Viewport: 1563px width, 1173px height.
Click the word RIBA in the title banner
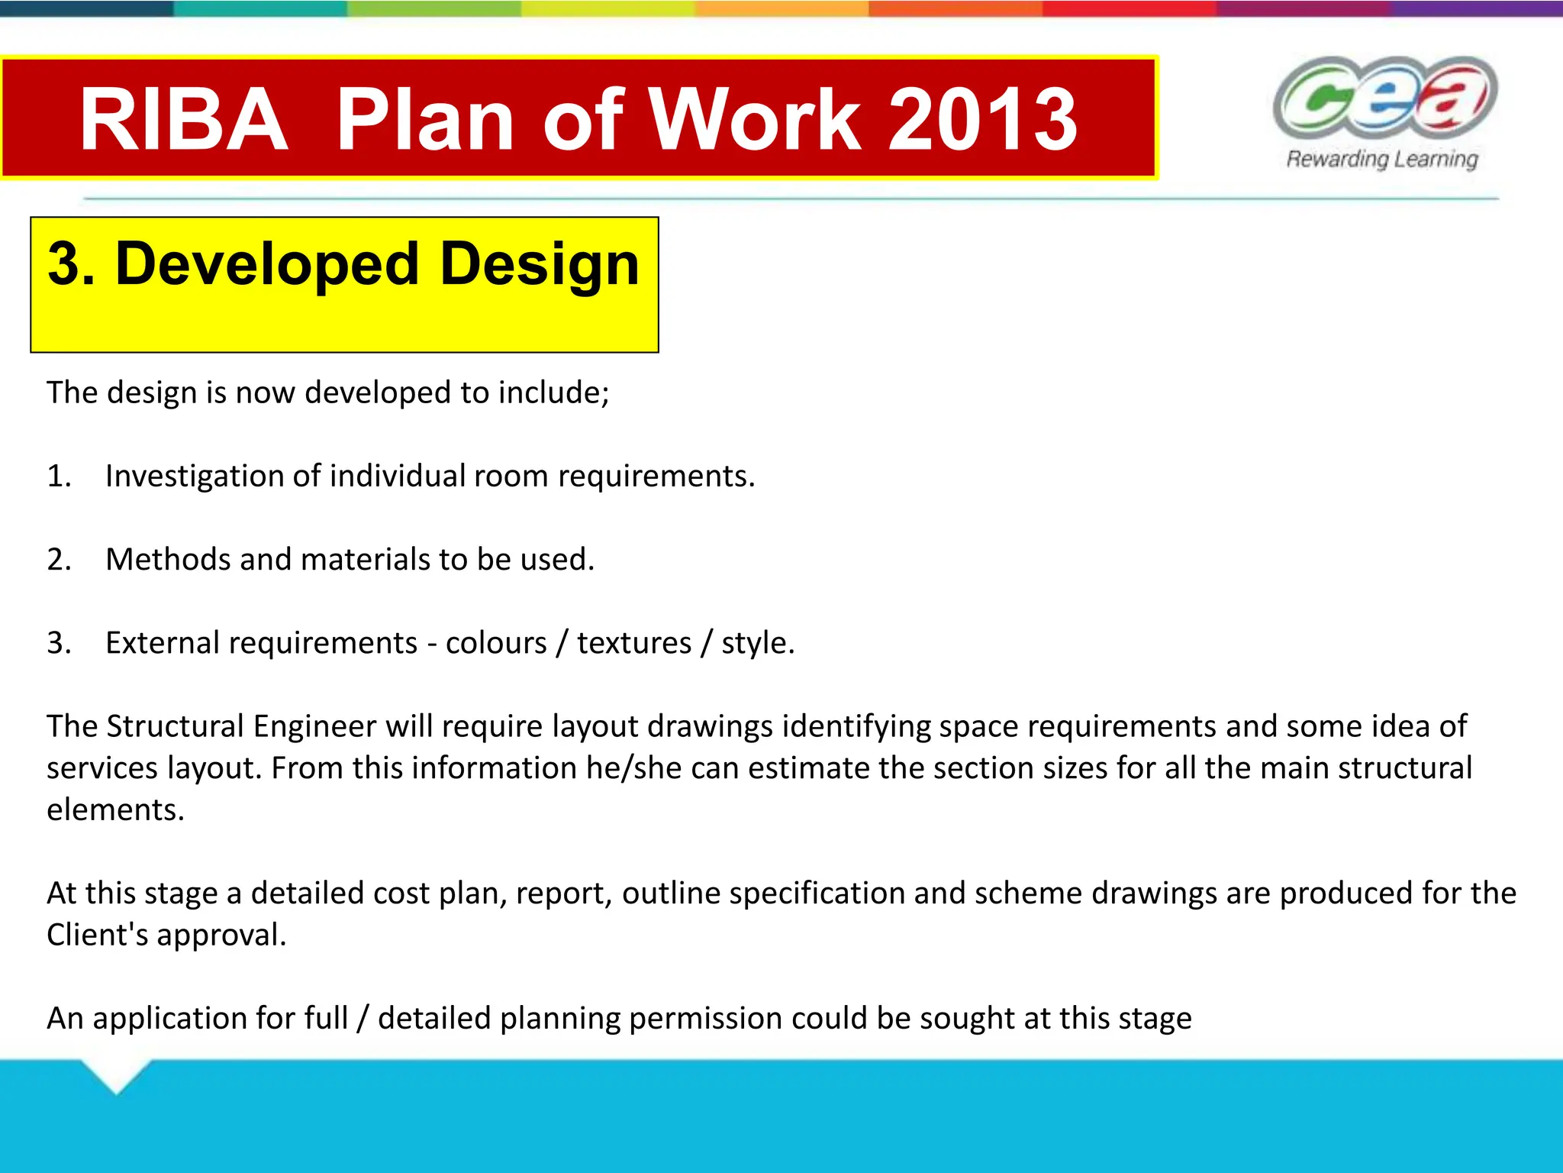click(184, 119)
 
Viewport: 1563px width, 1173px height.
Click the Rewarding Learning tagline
click(1382, 159)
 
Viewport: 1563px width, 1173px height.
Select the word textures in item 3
click(633, 643)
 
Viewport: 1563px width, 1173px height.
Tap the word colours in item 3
click(496, 643)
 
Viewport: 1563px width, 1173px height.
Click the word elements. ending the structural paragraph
click(115, 810)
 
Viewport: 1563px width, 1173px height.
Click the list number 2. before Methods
click(59, 559)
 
